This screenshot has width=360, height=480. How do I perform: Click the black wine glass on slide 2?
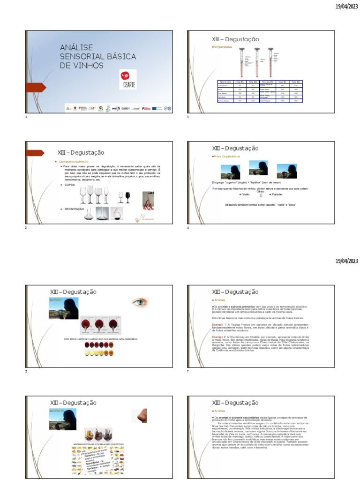pyautogui.click(x=127, y=196)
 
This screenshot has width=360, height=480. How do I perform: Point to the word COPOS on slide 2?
pyautogui.click(x=69, y=185)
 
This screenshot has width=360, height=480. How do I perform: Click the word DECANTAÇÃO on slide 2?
pyautogui.click(x=74, y=209)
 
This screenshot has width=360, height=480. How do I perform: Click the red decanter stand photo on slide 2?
pyautogui.click(x=148, y=200)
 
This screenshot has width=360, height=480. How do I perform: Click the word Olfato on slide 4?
pyautogui.click(x=261, y=191)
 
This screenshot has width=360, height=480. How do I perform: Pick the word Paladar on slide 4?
pyautogui.click(x=282, y=194)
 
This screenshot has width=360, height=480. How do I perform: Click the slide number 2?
pyautogui.click(x=26, y=228)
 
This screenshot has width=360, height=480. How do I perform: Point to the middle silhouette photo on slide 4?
pyautogui.click(x=258, y=168)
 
